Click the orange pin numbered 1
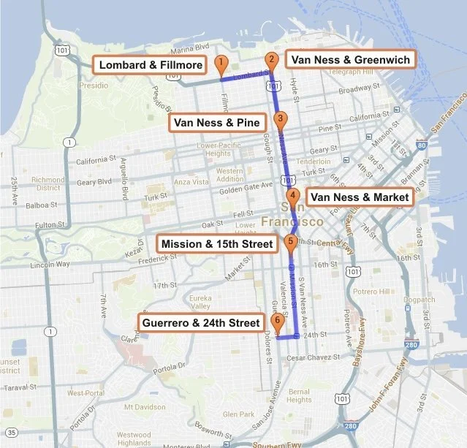point(221,64)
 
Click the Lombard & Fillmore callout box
point(151,65)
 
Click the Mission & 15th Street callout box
point(217,243)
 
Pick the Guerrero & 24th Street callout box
point(202,322)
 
